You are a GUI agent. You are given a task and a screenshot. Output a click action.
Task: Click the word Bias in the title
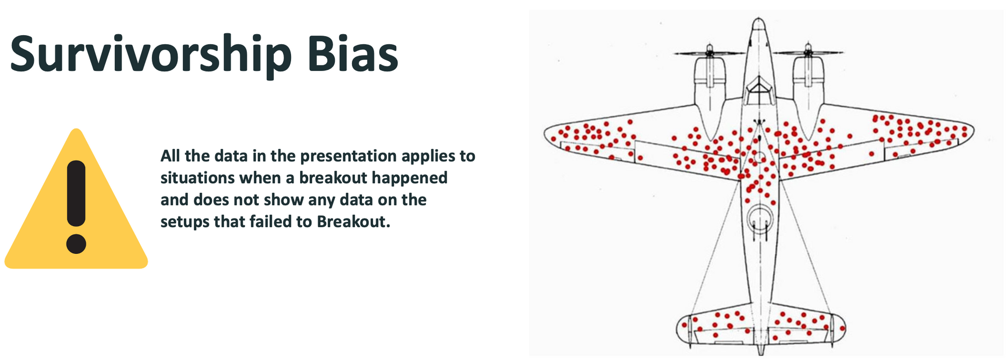pos(352,54)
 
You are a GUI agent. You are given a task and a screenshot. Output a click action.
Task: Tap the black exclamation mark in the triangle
pos(76,194)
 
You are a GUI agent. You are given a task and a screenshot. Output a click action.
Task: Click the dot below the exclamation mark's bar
pos(76,244)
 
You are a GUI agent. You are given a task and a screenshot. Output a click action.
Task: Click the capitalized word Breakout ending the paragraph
pos(353,222)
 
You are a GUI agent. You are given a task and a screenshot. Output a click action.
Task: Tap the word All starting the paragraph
pos(170,156)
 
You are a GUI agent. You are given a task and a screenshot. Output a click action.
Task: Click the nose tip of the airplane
pos(759,22)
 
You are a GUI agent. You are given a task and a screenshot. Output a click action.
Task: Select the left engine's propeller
pos(709,52)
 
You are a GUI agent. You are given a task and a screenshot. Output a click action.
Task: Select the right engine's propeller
pos(808,52)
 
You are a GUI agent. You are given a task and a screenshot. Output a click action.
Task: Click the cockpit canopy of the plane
pos(759,91)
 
